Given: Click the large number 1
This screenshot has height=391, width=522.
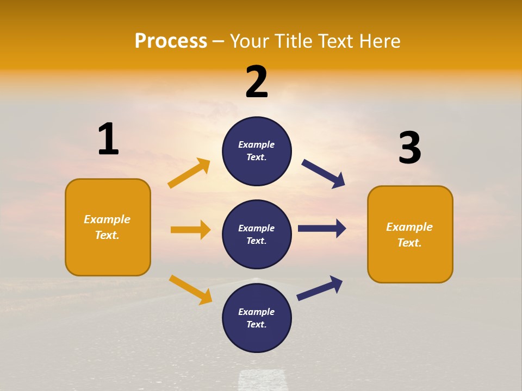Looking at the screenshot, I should (108, 139).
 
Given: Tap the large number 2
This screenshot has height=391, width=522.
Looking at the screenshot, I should (257, 82).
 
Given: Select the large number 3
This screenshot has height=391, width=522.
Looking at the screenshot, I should (409, 148).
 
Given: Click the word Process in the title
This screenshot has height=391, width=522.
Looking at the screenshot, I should (171, 41).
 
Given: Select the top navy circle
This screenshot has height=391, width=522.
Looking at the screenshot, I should (257, 151).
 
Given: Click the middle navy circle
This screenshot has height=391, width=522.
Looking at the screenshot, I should (257, 234).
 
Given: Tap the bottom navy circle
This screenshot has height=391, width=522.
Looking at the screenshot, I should (257, 318).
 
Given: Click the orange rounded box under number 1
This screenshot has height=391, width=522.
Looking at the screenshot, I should (108, 227).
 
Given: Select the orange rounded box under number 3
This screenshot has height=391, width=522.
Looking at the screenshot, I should (410, 235).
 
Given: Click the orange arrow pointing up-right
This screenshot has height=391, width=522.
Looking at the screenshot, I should (189, 173).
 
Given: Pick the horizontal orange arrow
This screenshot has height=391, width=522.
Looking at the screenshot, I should (190, 230).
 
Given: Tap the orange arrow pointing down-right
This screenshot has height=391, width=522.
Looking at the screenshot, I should (190, 289).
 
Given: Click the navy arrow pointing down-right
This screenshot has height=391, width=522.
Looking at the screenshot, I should (323, 174).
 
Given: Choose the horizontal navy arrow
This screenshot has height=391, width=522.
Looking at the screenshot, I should (322, 229).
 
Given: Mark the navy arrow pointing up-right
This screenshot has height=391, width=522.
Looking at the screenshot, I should (320, 288).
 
